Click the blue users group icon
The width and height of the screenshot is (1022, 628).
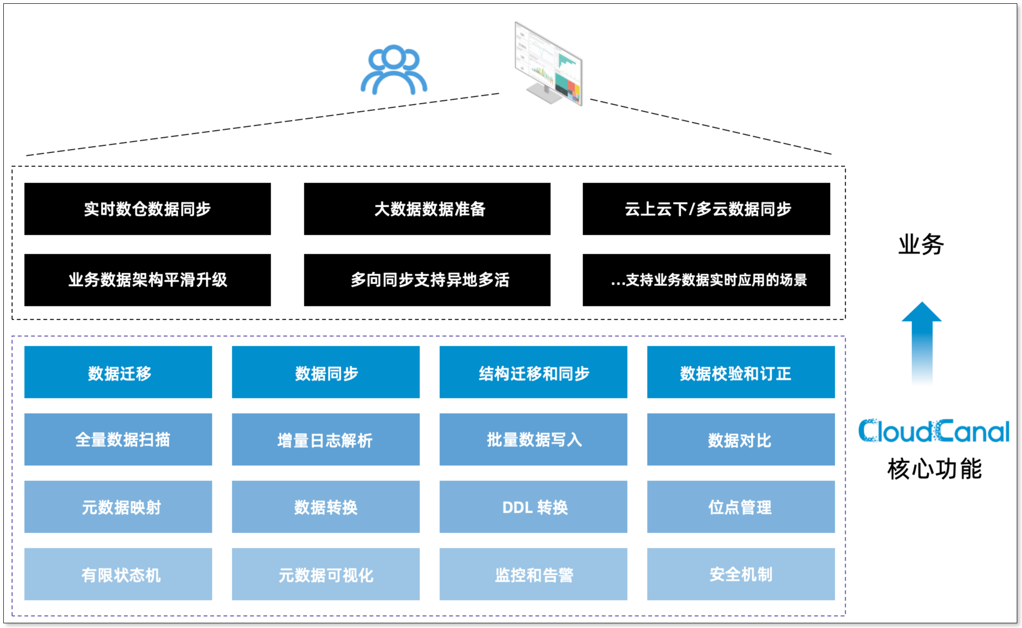click(394, 70)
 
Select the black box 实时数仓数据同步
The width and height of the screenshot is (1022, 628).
click(147, 209)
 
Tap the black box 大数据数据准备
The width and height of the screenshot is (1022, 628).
click(427, 209)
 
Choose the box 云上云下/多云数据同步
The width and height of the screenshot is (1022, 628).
click(706, 209)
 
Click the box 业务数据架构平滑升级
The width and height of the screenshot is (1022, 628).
click(147, 280)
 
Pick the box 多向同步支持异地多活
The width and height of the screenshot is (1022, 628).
click(427, 280)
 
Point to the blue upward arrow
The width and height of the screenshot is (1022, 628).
click(922, 342)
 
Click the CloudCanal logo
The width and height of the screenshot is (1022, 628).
click(933, 431)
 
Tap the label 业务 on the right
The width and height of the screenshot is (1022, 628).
click(921, 245)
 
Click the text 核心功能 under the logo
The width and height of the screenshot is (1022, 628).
click(934, 469)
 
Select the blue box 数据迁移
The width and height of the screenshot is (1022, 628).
click(118, 372)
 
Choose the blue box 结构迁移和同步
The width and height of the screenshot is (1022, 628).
click(533, 372)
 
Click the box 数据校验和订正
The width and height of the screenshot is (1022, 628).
click(741, 372)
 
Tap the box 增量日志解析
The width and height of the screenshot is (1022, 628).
click(326, 440)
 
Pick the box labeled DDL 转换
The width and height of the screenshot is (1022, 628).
click(533, 507)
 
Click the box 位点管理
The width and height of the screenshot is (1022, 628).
click(741, 507)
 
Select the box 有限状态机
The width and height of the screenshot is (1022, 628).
click(118, 574)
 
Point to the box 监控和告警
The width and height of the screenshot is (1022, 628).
click(533, 574)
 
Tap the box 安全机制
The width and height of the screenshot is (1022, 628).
click(741, 574)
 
